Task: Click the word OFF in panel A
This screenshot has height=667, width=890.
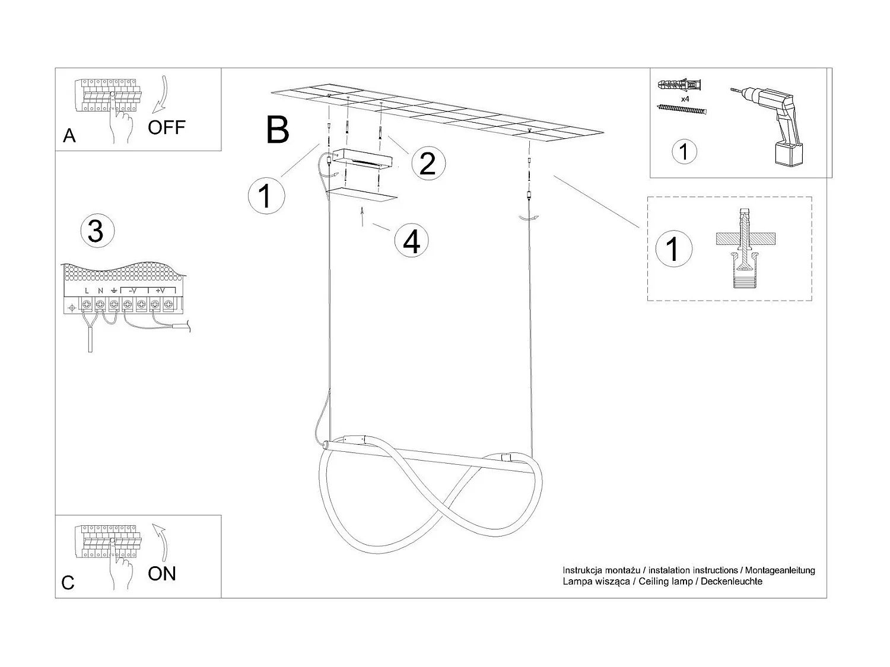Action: [167, 127]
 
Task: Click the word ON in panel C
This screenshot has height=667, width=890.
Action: [162, 573]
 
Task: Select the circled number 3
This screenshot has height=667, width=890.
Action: [96, 231]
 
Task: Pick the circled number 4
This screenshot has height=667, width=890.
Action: [412, 241]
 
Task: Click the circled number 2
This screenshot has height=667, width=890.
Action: [427, 164]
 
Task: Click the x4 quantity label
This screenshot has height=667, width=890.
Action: [685, 99]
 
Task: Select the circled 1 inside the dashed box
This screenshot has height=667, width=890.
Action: [672, 248]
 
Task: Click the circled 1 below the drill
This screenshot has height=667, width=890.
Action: [684, 151]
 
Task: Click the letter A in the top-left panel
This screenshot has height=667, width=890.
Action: [69, 136]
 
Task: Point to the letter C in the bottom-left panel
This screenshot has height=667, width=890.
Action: [68, 583]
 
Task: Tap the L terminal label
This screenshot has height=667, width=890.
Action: [87, 291]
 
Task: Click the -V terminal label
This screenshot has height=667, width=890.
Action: [133, 291]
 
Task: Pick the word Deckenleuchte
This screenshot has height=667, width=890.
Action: [732, 582]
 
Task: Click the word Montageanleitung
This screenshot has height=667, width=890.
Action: [780, 570]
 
